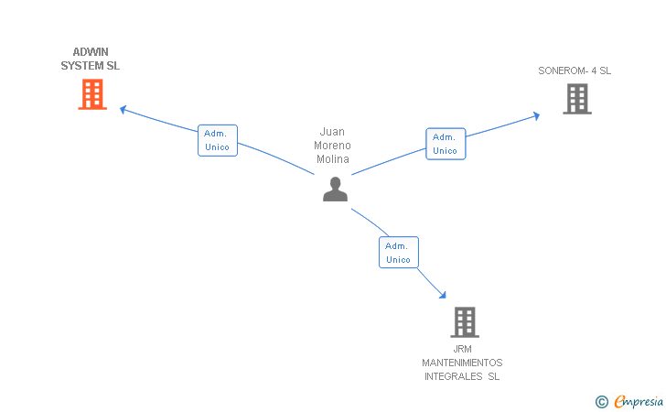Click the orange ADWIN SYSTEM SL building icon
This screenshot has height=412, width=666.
[91, 94]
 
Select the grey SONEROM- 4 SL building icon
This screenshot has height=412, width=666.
[576, 99]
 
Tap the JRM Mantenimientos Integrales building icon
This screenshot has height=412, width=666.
[465, 322]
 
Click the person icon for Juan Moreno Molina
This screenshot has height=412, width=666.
[336, 189]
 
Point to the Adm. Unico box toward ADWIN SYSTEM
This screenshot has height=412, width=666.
[218, 140]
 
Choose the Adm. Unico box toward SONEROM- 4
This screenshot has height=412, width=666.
[446, 144]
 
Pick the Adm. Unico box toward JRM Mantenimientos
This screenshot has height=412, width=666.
[399, 253]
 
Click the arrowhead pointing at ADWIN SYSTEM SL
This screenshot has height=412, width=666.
[124, 110]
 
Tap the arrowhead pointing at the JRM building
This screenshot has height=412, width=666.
[443, 295]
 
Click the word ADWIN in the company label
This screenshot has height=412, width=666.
[91, 52]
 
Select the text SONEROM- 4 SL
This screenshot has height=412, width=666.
[575, 70]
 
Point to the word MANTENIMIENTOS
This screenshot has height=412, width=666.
[462, 363]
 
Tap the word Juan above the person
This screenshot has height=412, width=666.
[333, 132]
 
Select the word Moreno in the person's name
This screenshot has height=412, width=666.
[333, 146]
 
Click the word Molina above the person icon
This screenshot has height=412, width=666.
[333, 159]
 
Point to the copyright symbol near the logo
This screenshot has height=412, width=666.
[601, 401]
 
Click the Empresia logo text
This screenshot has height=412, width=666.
[639, 401]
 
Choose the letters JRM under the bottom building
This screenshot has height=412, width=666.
[462, 349]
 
